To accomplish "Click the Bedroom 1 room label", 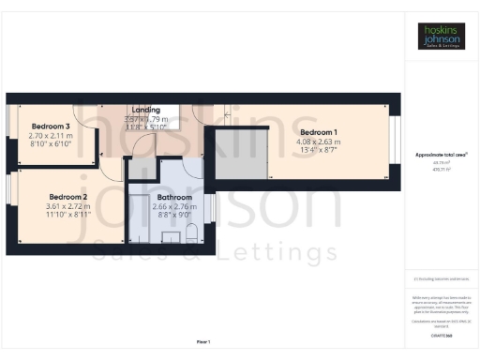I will (x=318, y=132).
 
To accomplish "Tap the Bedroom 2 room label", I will (x=52, y=196).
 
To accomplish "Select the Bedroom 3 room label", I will (x=52, y=127).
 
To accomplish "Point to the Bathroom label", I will (x=174, y=198).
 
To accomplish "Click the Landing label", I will (x=147, y=109).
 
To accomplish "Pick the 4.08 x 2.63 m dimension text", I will (x=318, y=142).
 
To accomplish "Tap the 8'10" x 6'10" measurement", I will (x=52, y=145).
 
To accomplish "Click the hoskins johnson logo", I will (x=441, y=36).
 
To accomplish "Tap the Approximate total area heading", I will (x=441, y=154).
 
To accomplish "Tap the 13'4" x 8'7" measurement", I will (x=318, y=152).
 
